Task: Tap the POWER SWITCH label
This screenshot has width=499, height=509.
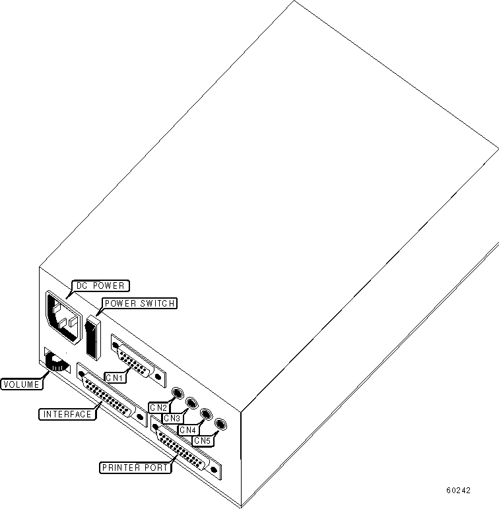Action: [x=138, y=303]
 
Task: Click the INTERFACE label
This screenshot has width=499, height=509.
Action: [x=67, y=414]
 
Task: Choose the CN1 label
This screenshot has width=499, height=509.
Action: [x=116, y=378]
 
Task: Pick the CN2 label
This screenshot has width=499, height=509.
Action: [x=158, y=407]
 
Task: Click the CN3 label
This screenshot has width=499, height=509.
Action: [x=172, y=418]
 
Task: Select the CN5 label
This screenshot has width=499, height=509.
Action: [x=202, y=440]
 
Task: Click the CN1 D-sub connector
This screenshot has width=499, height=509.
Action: [x=138, y=359]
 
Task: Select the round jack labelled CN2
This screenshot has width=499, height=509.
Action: [x=177, y=394]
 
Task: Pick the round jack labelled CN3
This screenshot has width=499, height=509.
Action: [x=191, y=403]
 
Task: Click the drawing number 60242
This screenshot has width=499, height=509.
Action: [x=458, y=491]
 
